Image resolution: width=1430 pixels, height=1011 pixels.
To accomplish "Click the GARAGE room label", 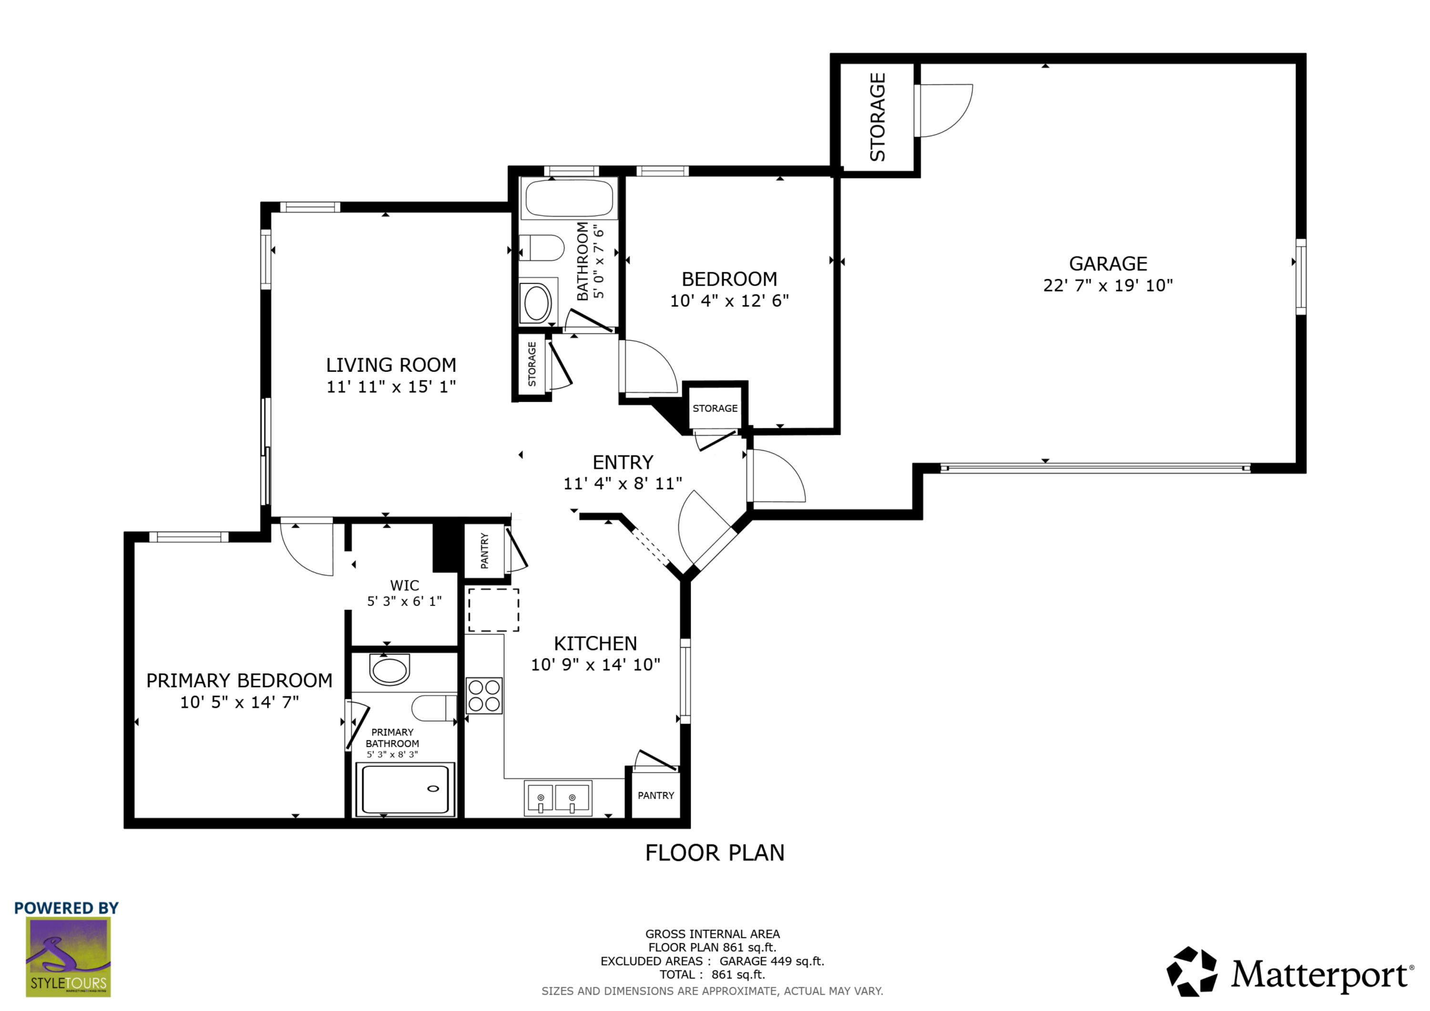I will (1107, 264).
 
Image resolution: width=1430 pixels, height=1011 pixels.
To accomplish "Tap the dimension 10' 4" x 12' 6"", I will (729, 301).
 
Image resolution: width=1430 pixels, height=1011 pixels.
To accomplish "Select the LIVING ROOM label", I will (390, 365).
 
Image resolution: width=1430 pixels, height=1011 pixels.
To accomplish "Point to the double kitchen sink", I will (557, 798).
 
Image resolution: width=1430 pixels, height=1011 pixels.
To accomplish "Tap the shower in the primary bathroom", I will (405, 789).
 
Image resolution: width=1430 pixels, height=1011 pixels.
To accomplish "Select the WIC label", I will (404, 585).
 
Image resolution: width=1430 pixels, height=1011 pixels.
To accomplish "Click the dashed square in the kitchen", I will (493, 610).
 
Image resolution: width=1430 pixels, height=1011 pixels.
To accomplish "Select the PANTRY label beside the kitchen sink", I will (655, 796).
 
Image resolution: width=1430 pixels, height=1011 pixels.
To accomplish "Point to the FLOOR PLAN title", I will (715, 853).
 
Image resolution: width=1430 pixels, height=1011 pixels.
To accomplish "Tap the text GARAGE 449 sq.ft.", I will (771, 961).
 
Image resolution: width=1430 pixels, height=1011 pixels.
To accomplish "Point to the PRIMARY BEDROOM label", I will (239, 681).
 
